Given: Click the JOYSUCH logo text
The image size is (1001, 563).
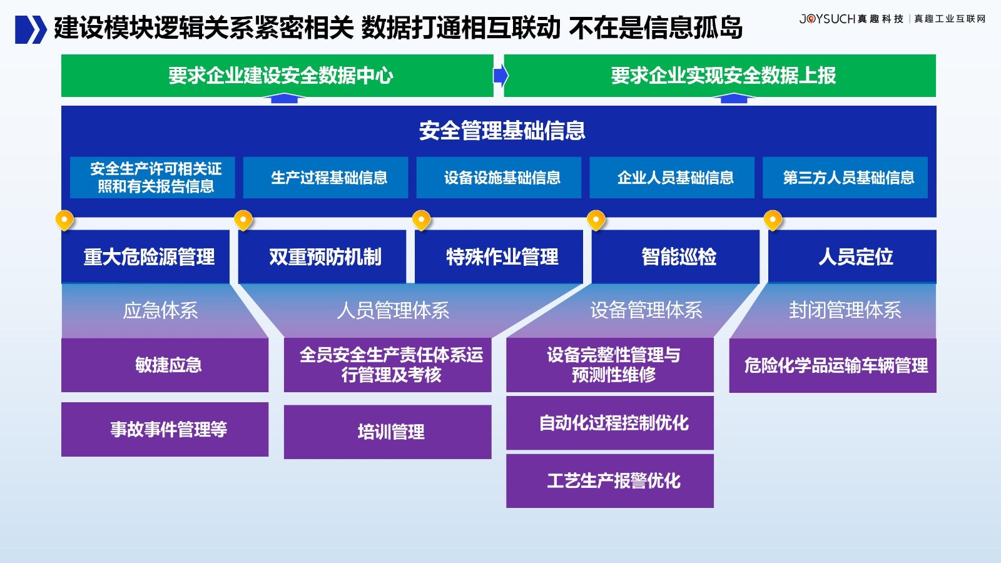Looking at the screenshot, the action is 826,19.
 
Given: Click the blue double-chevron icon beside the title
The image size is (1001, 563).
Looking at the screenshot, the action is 31,29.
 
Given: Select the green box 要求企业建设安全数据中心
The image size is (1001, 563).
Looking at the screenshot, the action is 277,76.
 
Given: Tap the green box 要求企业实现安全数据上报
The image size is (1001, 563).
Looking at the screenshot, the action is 720,76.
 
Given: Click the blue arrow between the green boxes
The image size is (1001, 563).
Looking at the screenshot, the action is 501,76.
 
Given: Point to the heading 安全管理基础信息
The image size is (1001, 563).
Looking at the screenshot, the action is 502,131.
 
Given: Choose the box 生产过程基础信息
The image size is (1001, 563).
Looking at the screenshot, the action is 325,178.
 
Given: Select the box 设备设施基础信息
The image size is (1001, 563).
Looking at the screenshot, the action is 499,178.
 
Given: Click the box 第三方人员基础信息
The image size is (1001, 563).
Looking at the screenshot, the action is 845,178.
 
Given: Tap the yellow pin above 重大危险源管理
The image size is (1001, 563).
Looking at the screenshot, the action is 64,220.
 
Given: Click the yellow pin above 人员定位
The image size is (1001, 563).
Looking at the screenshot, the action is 773,220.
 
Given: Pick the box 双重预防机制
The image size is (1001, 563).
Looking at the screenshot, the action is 322,256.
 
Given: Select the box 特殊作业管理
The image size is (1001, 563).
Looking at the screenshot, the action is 499,256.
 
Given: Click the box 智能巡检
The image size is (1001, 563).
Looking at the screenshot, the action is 676,256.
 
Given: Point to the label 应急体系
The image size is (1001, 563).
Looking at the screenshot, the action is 160,310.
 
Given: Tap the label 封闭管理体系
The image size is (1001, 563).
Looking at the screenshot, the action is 845,310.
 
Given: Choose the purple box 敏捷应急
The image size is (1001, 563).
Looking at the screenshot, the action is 165,365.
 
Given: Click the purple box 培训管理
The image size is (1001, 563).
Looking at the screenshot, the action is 387,432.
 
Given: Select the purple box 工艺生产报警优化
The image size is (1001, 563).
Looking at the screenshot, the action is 610,481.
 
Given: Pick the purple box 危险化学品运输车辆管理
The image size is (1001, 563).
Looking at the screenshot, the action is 833,365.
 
